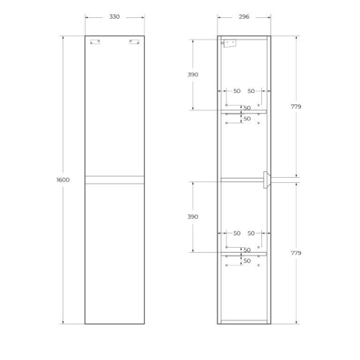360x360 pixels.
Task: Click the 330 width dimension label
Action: click(114, 17)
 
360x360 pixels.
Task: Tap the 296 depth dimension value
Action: click(244, 17)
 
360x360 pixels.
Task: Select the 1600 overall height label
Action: click(63, 180)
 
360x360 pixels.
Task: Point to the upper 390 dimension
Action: click(192, 74)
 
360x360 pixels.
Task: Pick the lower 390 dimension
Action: click(192, 217)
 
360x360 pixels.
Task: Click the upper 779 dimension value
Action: click(296, 107)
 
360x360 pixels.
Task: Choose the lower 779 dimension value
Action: click(296, 253)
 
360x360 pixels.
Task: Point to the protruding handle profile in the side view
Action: click(267, 179)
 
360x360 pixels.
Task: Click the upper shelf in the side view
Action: click(244, 111)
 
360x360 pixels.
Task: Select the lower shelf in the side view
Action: click(244, 253)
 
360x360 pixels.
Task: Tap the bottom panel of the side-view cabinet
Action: click(244, 321)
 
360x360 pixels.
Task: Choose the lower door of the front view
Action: click(114, 252)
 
